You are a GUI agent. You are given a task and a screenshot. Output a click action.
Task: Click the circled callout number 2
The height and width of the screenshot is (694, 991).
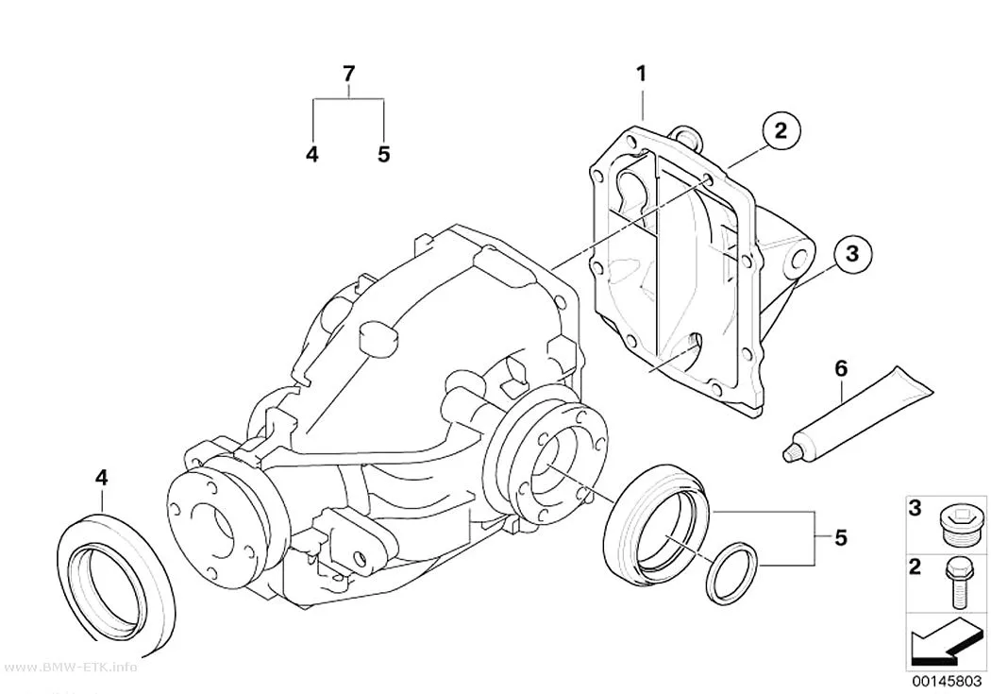781,131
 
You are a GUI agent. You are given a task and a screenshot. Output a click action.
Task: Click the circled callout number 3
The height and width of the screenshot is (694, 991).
852,253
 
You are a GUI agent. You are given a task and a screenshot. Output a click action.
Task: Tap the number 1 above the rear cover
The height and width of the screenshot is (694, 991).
642,74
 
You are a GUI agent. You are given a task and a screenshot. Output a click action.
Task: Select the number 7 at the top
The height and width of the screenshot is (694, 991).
349,74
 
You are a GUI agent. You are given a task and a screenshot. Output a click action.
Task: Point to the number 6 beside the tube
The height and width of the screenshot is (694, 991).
841,368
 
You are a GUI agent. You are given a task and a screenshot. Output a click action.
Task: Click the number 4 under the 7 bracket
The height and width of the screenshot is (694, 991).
312,154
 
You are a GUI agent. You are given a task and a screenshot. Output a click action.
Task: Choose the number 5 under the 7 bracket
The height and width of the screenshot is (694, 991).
383,154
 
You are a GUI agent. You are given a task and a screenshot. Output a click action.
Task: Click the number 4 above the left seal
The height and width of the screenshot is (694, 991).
102,478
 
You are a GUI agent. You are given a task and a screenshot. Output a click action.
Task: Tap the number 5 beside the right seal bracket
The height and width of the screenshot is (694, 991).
840,538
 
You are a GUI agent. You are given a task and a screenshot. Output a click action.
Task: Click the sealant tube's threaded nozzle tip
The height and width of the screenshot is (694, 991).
789,454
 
